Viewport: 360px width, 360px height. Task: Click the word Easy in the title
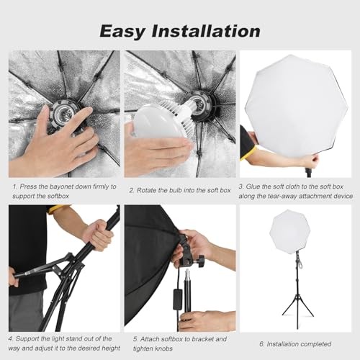point(122,32)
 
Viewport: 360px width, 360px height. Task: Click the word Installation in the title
point(206,31)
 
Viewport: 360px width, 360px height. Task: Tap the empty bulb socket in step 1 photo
point(63,112)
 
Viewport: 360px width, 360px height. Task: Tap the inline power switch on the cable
point(178,300)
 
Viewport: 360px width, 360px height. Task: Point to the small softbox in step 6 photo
point(290,232)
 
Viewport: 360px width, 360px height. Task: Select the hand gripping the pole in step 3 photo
point(311,160)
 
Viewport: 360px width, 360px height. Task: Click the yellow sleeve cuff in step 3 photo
point(248,153)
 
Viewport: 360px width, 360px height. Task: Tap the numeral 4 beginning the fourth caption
point(10,339)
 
